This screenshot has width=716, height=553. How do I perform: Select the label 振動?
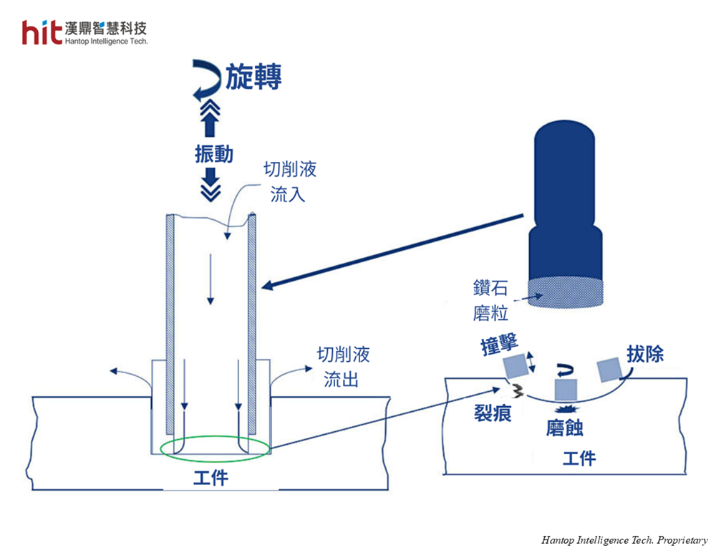tap(213, 154)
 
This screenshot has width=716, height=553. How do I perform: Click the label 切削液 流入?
tap(289, 182)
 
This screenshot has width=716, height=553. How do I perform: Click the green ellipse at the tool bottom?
tap(215, 448)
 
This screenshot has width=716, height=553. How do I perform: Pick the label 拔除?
tap(645, 353)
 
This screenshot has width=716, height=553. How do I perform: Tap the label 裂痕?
tap(492, 413)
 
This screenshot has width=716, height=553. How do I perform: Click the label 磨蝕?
tap(564, 428)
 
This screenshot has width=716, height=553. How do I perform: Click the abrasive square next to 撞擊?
tap(516, 366)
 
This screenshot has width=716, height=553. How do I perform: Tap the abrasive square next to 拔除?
tap(607, 369)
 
